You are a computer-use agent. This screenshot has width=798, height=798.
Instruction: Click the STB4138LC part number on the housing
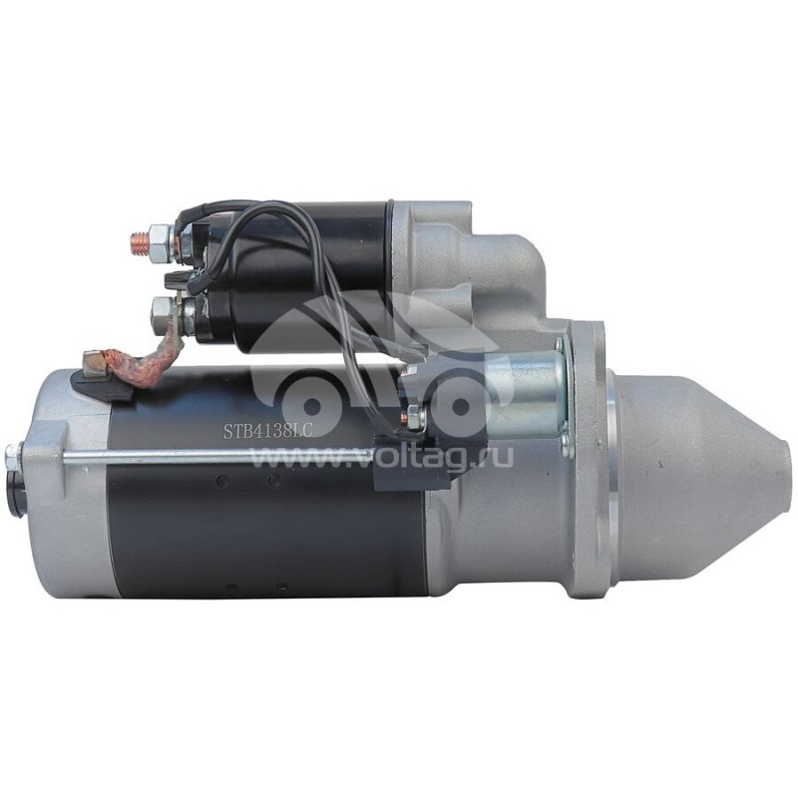(267, 431)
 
